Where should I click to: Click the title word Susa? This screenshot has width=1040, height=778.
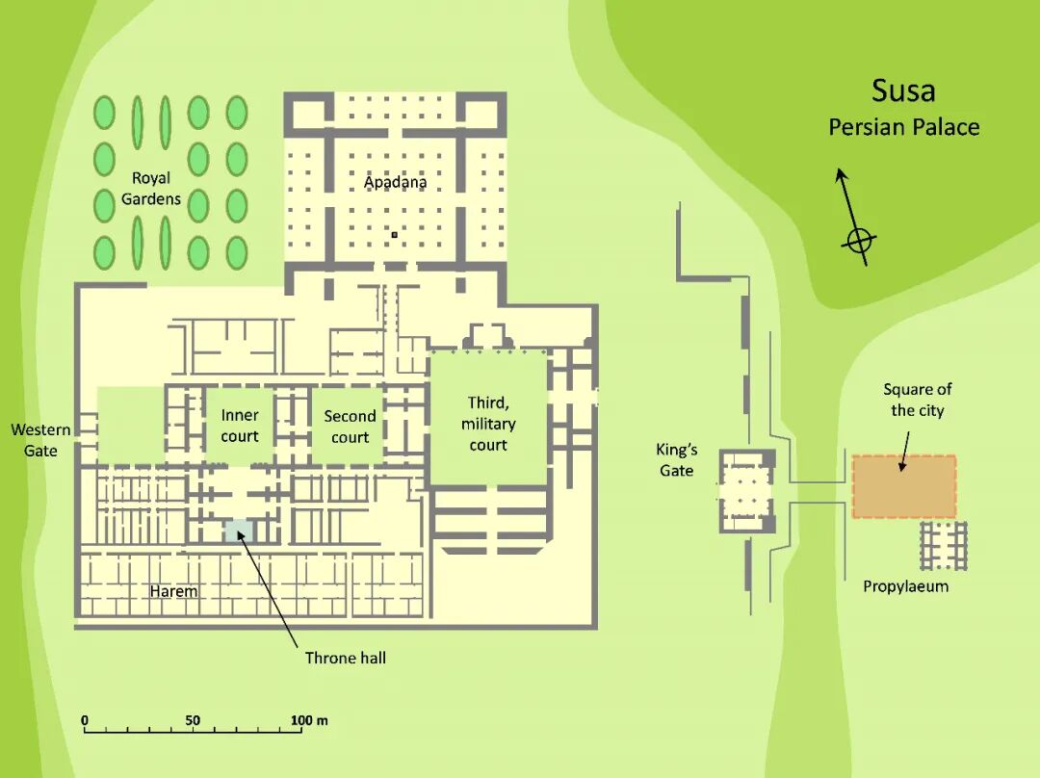pyautogui.click(x=903, y=91)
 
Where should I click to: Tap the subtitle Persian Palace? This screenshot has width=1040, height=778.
pyautogui.click(x=903, y=127)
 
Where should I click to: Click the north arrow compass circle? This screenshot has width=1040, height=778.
pyautogui.click(x=859, y=240)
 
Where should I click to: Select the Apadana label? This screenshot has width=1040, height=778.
pyautogui.click(x=395, y=182)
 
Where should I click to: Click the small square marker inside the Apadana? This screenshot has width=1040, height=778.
pyautogui.click(x=394, y=234)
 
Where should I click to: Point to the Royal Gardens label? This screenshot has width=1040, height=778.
pyautogui.click(x=151, y=189)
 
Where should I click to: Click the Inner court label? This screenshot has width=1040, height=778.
pyautogui.click(x=240, y=426)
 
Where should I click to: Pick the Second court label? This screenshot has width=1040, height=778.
pyautogui.click(x=350, y=427)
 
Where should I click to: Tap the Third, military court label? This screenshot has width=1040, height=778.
pyautogui.click(x=488, y=424)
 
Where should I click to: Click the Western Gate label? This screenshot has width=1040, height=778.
pyautogui.click(x=35, y=440)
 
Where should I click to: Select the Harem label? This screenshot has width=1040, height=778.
pyautogui.click(x=173, y=591)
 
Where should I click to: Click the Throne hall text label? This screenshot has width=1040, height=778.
pyautogui.click(x=346, y=659)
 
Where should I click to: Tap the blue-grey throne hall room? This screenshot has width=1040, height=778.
pyautogui.click(x=238, y=532)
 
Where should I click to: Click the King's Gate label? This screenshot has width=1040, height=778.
pyautogui.click(x=677, y=459)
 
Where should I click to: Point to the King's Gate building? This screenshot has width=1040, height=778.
pyautogui.click(x=746, y=490)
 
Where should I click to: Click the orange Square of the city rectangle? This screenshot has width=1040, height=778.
pyautogui.click(x=903, y=487)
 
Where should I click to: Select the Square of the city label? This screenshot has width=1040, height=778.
pyautogui.click(x=917, y=400)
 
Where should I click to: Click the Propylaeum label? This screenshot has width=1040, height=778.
pyautogui.click(x=905, y=586)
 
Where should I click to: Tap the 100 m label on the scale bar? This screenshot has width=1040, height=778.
pyautogui.click(x=309, y=720)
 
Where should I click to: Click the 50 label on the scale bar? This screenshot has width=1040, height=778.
pyautogui.click(x=193, y=720)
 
